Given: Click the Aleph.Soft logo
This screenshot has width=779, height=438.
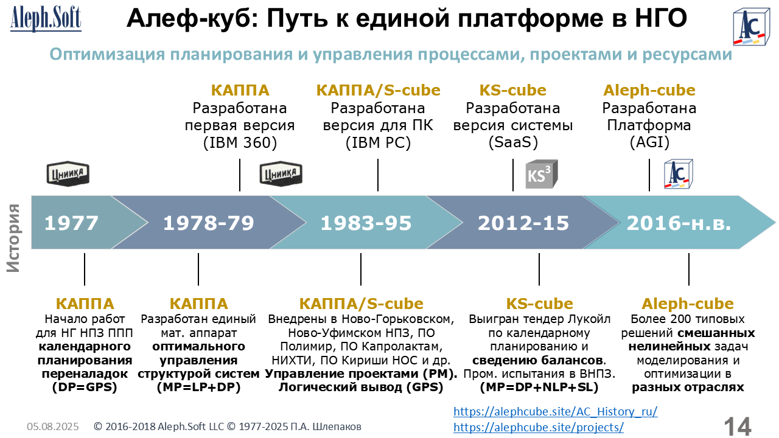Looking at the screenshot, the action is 46,18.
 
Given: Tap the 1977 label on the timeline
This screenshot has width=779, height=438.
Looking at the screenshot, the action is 71,223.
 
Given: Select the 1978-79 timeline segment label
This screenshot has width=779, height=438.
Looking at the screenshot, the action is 209,223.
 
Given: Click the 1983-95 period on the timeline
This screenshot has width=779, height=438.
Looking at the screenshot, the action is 366,223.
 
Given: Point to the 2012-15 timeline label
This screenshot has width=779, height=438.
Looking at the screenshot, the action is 523,223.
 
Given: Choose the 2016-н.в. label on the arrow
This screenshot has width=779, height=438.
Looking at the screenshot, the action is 679,223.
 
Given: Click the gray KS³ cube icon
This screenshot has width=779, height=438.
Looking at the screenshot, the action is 542,174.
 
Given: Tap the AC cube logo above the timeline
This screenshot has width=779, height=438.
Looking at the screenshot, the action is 678,174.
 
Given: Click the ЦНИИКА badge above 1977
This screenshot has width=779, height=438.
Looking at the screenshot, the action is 68,174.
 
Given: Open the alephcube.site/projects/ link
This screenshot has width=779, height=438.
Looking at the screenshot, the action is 539,427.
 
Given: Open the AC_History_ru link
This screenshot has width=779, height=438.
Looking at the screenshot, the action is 556,412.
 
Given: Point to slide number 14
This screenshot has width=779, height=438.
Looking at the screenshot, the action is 737,426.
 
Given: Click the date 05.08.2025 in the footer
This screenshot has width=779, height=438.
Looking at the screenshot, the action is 53,426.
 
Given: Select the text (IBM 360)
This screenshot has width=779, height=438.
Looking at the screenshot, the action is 240,142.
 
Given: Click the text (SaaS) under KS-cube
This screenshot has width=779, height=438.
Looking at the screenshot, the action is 513,142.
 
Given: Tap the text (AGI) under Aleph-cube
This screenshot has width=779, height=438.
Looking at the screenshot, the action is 649,142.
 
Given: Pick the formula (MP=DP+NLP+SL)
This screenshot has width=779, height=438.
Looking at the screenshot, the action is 539,388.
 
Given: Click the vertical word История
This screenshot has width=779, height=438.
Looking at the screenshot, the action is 13,238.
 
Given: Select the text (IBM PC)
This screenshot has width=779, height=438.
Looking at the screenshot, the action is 378,142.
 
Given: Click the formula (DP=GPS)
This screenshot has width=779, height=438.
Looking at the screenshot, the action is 85,388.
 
